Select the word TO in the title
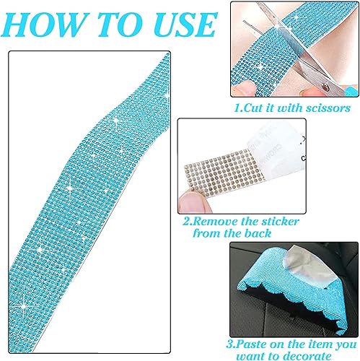coord(110,24)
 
